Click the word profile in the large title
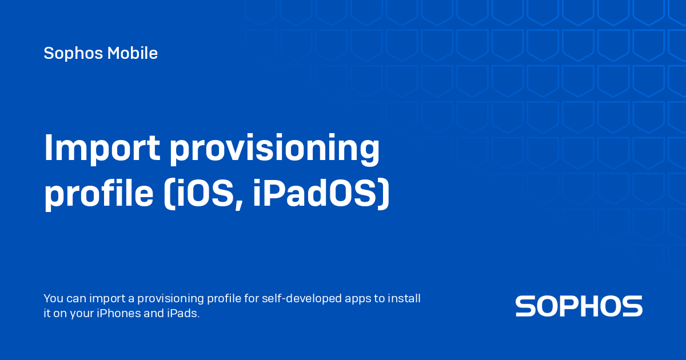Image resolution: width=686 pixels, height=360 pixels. coord(95,195)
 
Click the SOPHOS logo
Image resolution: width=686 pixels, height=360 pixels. coord(579,306)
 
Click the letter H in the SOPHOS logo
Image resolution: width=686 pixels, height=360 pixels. coord(592,306)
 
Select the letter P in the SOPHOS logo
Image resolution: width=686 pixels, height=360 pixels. coord(569,306)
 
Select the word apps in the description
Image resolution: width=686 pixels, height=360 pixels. coord(361,299)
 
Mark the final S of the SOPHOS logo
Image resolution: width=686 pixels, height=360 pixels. coord(632,306)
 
